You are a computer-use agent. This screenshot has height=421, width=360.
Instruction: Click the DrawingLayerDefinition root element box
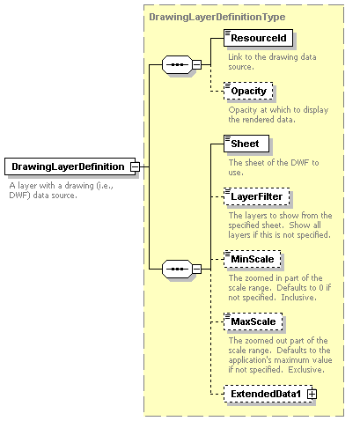[70, 166]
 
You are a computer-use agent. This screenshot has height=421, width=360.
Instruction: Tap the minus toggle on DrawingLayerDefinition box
[135, 166]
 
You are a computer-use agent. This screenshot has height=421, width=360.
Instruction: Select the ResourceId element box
[258, 38]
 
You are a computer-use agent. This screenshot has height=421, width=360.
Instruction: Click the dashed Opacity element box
[248, 91]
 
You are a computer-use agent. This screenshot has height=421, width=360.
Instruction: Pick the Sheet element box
[246, 144]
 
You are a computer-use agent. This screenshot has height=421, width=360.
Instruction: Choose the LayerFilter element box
[257, 196]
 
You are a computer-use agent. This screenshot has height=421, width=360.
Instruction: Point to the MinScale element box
[253, 259]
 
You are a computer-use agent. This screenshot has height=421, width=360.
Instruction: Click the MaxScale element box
[253, 321]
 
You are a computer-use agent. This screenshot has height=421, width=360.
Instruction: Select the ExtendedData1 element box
[268, 394]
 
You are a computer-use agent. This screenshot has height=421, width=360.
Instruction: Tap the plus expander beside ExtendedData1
[312, 394]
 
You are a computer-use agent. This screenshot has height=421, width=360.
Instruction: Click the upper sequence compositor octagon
[177, 64]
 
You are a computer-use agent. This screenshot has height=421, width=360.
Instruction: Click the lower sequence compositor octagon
[177, 269]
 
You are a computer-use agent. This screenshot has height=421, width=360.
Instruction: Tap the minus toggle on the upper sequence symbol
[196, 64]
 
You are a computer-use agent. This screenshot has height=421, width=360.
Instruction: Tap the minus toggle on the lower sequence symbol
[196, 269]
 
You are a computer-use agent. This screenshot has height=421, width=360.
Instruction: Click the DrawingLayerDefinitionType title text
[217, 17]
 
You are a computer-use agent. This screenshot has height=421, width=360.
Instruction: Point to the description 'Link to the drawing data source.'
[272, 62]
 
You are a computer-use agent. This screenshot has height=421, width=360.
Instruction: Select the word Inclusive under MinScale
[298, 298]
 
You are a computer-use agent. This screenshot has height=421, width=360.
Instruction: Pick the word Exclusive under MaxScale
[306, 370]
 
